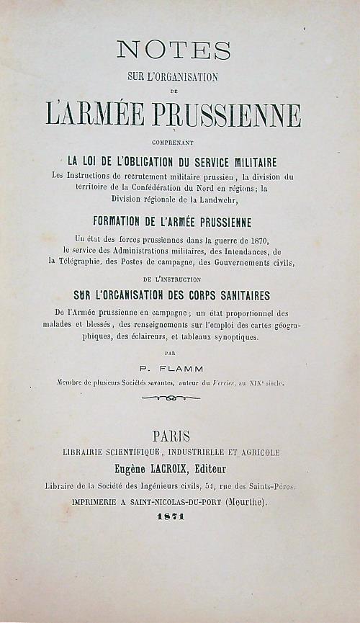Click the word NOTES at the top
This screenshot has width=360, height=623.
coord(174,50)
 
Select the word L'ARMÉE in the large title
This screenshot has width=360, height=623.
coord(96,115)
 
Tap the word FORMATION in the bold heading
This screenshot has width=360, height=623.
coord(122,220)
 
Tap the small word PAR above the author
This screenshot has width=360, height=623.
coord(170,354)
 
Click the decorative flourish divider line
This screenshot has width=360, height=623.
coord(171,398)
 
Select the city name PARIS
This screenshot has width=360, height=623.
coord(171,436)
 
